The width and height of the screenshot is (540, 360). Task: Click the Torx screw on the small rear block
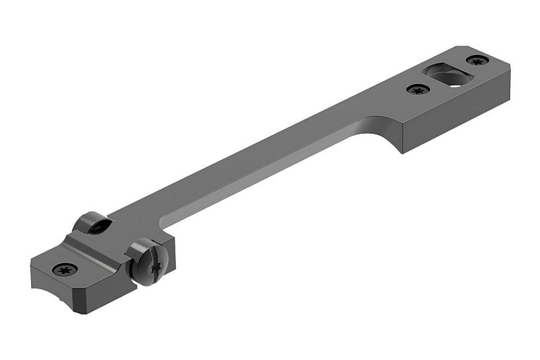[66, 269]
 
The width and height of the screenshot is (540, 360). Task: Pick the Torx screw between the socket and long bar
[416, 89]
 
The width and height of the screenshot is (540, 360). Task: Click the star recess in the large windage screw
[155, 267]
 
